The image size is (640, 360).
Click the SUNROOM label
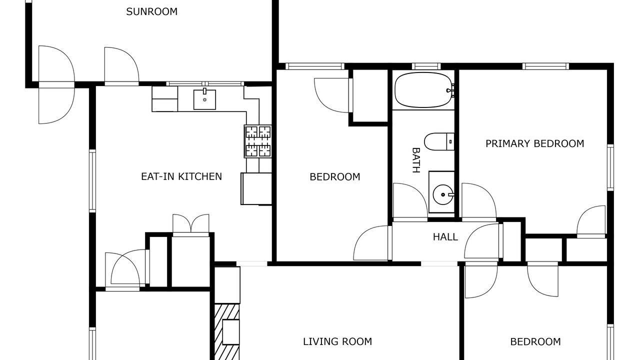tap(151, 11)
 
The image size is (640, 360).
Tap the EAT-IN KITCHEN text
tap(181, 176)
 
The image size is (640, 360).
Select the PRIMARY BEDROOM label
tap(535, 143)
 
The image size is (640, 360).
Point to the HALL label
tap(445, 237)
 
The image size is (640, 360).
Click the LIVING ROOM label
tap(337, 341)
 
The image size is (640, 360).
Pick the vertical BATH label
tap(416, 160)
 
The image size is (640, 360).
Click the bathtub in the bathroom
tap(423, 90)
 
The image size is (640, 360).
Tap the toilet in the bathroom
tap(439, 141)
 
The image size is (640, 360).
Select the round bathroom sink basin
tap(443, 194)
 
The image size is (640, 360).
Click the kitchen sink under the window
tap(204, 99)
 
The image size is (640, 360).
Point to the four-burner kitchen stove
tap(257, 141)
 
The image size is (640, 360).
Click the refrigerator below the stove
tap(256, 188)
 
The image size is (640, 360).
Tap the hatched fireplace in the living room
tap(227, 332)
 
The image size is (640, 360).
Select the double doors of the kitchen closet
tap(191, 225)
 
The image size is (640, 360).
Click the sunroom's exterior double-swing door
tap(56, 84)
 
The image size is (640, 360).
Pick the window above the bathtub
tap(426, 66)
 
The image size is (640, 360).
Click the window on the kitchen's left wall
tap(92, 181)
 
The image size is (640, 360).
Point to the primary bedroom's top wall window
tap(545, 66)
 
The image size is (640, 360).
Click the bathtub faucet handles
tap(450, 90)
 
